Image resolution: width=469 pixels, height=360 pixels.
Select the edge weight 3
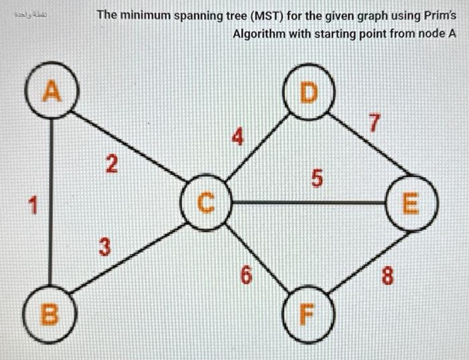point(103,246)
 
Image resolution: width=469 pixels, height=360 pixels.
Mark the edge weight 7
point(375,124)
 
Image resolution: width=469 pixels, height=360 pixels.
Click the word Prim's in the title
point(439,14)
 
